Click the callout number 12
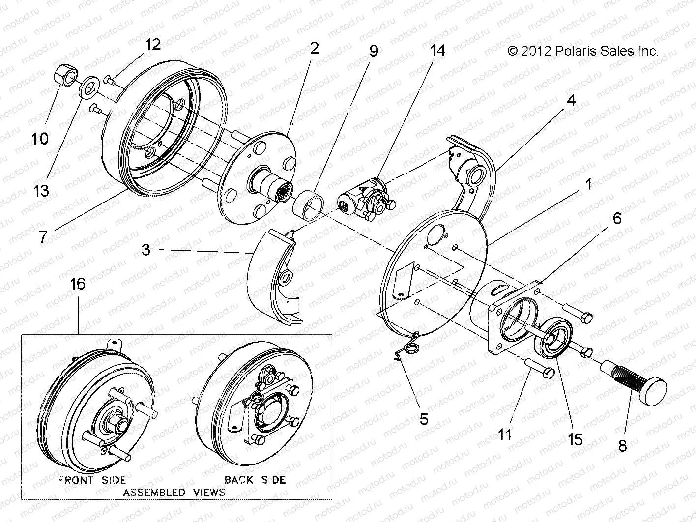coord(152,44)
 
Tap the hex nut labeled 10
coord(62,75)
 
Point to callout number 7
coord(43,237)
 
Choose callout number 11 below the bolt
coord(505,435)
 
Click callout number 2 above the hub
coord(314,48)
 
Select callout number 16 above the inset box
coord(78,284)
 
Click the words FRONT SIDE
coord(92,480)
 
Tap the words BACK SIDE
coord(255,479)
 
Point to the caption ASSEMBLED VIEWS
coord(174,492)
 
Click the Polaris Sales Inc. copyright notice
coord(582,51)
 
